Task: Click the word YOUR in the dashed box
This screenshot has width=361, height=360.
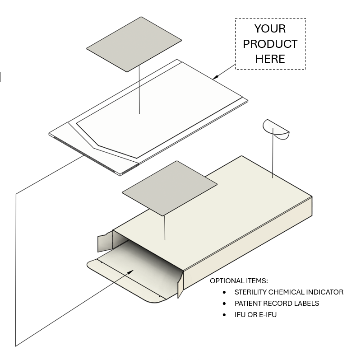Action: coord(270,29)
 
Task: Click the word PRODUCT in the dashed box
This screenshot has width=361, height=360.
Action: coord(270,44)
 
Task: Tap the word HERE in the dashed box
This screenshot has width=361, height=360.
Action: coord(270,59)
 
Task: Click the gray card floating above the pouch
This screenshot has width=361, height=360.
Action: coord(134,44)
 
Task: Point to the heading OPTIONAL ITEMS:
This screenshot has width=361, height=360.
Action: coord(239,281)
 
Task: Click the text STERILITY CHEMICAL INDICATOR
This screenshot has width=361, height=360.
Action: coord(289,292)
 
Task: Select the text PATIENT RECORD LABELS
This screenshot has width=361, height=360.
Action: coord(277,304)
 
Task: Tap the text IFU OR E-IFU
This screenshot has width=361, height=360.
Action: coord(255,314)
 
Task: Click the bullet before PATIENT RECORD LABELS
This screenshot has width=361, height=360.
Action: coord(225,304)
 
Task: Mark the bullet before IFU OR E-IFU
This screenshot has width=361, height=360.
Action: coord(225,314)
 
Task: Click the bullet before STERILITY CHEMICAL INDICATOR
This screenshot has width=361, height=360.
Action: coord(225,292)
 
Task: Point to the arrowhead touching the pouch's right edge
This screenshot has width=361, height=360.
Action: coord(215,78)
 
